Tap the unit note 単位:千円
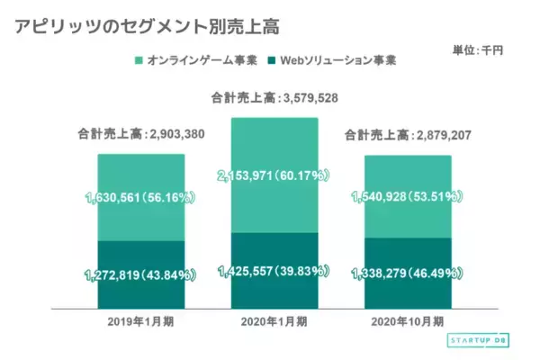[x=478, y=49]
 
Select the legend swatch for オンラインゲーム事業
[x=139, y=61]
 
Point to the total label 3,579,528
[x=274, y=98]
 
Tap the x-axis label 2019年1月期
[x=140, y=321]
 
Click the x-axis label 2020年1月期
[x=274, y=321]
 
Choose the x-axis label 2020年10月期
[x=408, y=321]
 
